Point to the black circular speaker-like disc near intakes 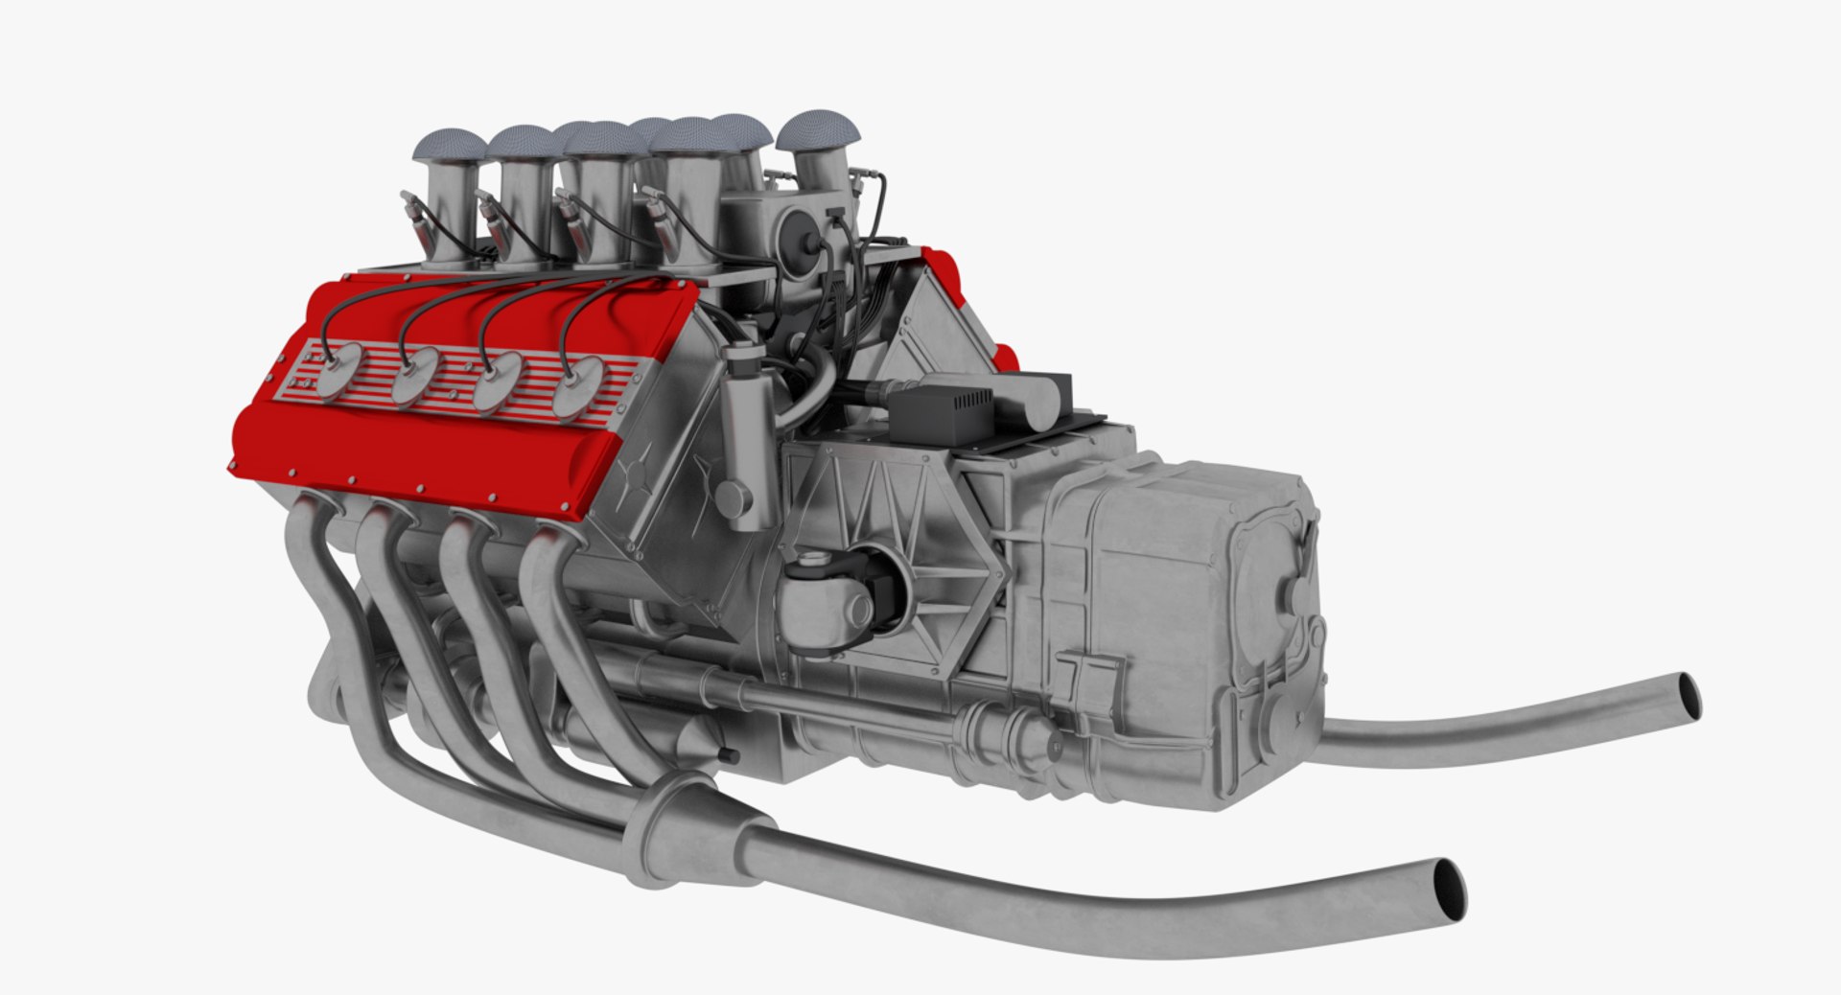click(797, 235)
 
